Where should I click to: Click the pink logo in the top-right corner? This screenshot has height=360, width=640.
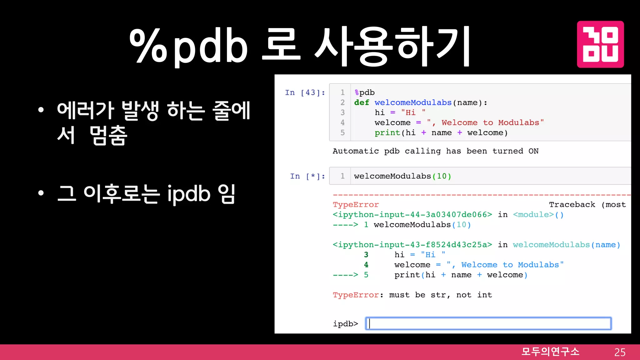point(600,44)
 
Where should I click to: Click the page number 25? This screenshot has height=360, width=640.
point(620,352)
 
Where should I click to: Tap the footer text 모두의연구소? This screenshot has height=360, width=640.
point(550,352)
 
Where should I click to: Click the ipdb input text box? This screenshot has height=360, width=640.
point(488,323)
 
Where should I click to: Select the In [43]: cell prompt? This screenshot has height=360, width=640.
point(305,92)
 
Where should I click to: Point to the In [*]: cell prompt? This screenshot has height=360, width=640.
point(307,176)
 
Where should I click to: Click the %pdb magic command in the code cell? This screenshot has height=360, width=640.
point(364,92)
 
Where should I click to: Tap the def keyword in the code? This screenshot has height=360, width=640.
point(362,102)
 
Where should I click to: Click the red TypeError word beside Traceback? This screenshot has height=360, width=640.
point(356,205)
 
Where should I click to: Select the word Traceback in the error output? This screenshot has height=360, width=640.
point(572,205)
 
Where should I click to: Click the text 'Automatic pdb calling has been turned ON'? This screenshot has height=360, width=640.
point(435,151)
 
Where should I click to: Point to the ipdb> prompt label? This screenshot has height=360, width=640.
point(345,324)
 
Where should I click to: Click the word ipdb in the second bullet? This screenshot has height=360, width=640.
point(189,194)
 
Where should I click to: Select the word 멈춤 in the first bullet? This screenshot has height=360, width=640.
point(108,136)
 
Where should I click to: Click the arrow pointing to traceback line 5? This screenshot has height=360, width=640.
point(345,275)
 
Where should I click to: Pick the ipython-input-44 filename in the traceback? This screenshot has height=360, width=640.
point(412,215)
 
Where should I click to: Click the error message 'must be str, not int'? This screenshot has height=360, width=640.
point(440,295)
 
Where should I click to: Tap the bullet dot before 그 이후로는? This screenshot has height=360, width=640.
point(41,193)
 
